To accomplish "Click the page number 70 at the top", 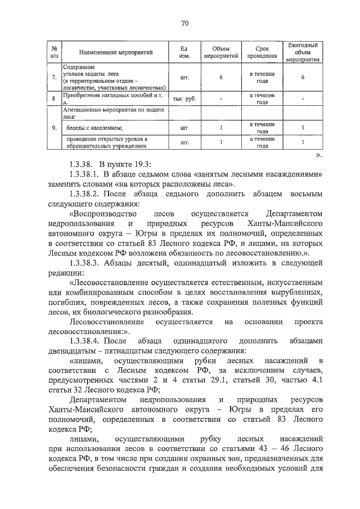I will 185,23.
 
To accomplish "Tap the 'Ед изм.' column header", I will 183,52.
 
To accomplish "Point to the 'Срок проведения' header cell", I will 262,52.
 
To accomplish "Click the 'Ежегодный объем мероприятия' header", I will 303,52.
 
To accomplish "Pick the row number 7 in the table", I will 53,78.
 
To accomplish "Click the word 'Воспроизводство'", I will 103,214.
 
